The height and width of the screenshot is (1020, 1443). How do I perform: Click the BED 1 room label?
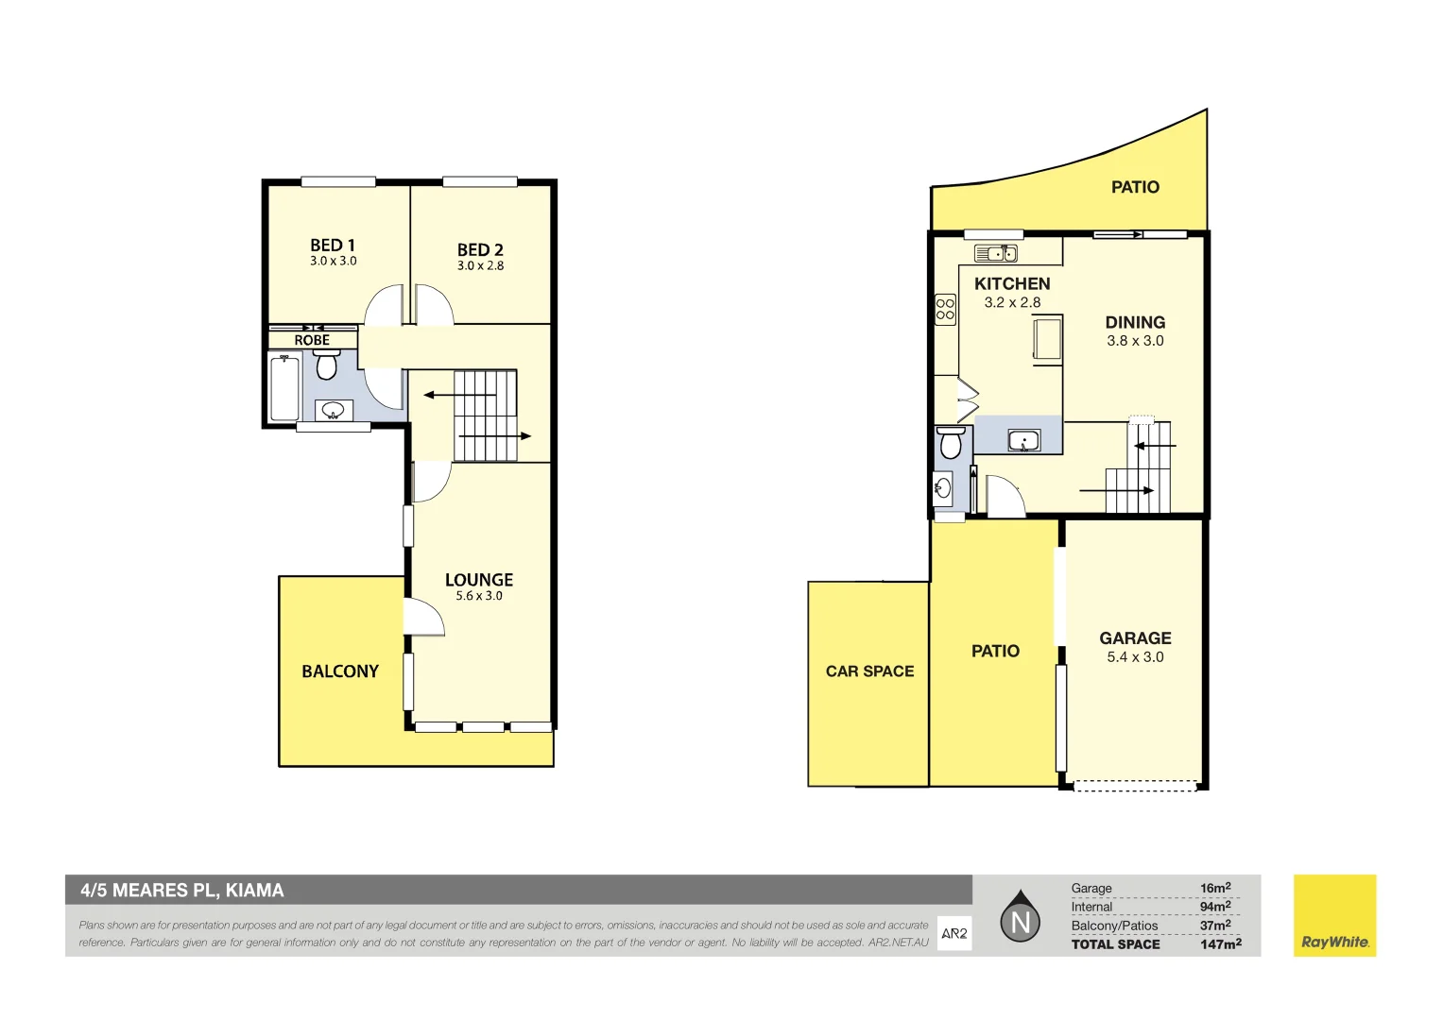(x=333, y=246)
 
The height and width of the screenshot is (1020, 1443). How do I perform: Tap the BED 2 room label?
(x=480, y=250)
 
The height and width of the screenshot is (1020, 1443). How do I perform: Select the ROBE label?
(x=312, y=340)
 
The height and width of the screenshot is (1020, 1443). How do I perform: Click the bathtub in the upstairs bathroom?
(x=284, y=387)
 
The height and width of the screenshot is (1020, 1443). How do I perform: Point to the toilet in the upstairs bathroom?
(x=326, y=364)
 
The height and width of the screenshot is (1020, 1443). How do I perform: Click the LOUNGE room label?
(x=479, y=580)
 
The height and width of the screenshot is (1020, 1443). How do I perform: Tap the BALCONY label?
(x=340, y=671)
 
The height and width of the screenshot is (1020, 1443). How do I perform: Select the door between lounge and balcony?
(x=422, y=618)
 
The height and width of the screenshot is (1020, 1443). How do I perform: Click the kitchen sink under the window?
(x=995, y=253)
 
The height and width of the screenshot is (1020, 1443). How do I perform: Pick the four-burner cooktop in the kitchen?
(x=945, y=309)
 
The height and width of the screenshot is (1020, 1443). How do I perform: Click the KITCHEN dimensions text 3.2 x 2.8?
(x=1012, y=303)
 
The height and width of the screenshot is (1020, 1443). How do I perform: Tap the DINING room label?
(x=1135, y=323)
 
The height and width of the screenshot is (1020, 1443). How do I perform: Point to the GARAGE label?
(x=1135, y=638)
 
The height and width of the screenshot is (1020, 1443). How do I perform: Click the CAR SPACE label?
(x=869, y=671)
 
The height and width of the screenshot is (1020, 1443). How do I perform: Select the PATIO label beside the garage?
(x=995, y=651)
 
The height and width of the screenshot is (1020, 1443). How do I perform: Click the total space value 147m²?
(x=1220, y=944)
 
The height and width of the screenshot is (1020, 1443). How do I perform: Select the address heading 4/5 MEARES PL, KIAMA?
(x=182, y=891)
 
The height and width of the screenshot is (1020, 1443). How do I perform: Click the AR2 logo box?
(x=954, y=933)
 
